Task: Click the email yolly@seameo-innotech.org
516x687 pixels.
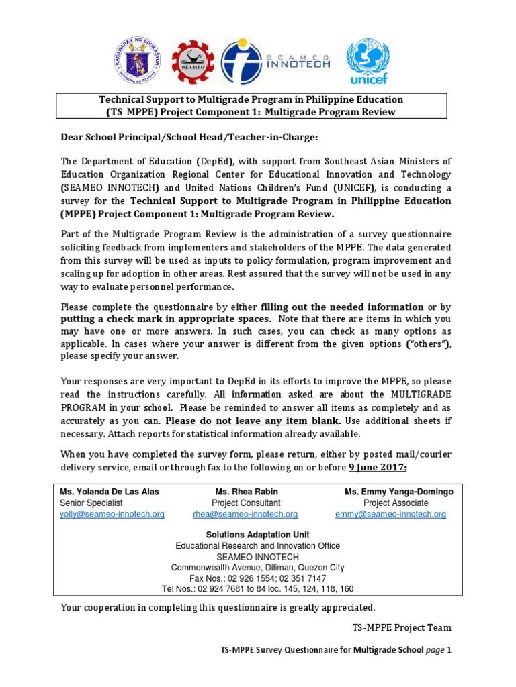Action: (112, 514)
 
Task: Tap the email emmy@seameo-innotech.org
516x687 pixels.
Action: (390, 514)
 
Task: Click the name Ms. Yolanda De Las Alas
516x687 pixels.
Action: (110, 492)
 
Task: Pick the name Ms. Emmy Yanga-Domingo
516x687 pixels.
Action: (399, 492)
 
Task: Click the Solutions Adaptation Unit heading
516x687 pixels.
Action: (257, 535)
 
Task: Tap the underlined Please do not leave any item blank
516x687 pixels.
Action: (253, 421)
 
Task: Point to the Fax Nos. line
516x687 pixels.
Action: (257, 578)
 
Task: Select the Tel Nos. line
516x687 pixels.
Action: (257, 589)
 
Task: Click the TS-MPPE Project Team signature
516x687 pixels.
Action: (402, 627)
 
